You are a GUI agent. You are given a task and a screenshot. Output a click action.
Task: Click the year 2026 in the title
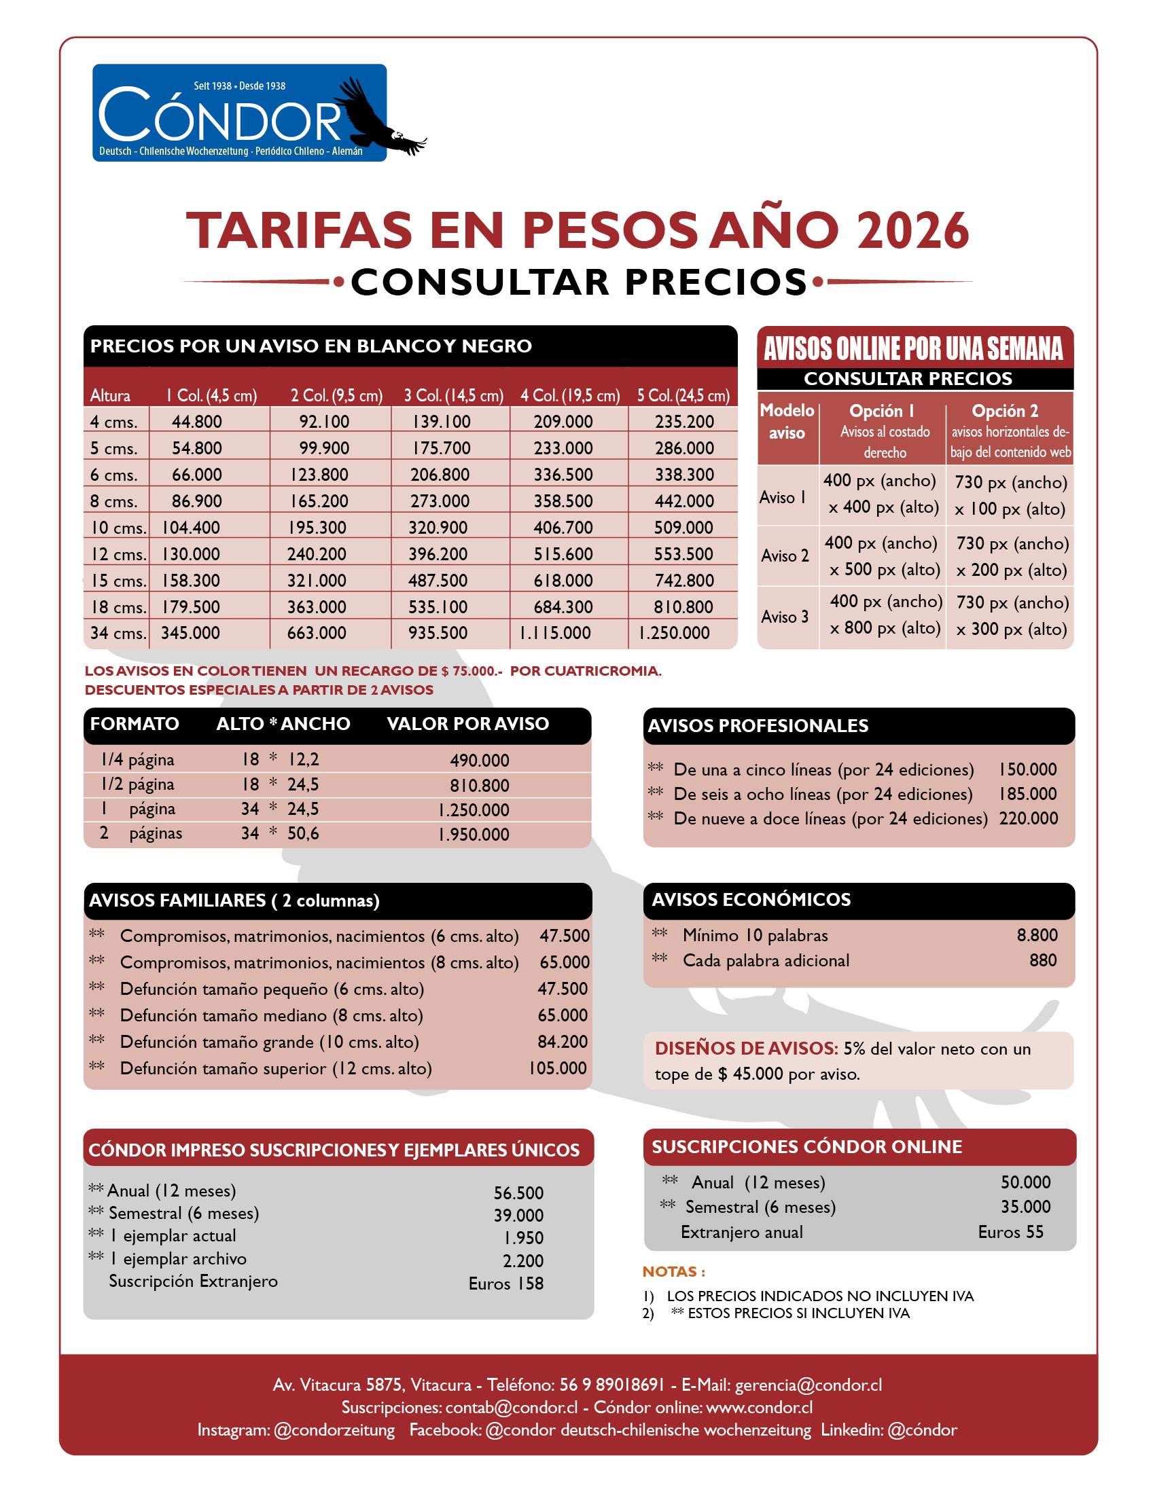pos(912,230)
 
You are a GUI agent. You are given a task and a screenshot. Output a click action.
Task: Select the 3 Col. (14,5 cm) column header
pos(454,395)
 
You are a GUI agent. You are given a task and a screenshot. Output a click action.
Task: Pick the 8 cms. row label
pos(113,501)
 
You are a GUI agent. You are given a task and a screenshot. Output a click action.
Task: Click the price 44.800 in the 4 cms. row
pos(197,422)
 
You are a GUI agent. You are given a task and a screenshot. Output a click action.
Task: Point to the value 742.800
pos(684,581)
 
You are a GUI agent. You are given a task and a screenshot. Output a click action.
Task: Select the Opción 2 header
pos(1004,411)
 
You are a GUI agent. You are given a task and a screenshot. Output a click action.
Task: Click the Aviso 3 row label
pos(785,617)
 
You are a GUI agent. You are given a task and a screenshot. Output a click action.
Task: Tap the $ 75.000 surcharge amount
pos(472,671)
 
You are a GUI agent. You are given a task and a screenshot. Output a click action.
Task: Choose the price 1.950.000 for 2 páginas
pos(474,835)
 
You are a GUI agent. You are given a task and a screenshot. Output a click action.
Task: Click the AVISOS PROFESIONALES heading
pos(758,726)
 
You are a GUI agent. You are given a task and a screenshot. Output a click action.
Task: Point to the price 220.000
pos(1028,818)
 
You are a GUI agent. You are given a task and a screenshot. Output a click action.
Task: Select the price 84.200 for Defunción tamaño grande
pos(563,1042)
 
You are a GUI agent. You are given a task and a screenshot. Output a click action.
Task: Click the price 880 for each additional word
pos(1043,960)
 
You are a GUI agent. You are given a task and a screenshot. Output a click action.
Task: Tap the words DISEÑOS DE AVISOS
pos(746,1049)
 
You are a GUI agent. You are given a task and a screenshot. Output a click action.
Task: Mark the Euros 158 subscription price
pos(505,1284)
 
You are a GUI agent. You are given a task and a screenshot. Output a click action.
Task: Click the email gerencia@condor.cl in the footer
pos(808,1385)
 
